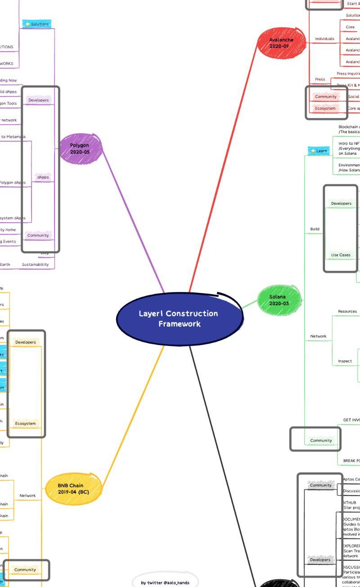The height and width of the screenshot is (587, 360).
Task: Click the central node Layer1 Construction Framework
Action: (179, 318)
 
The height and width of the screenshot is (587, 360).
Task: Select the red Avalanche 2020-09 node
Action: (281, 43)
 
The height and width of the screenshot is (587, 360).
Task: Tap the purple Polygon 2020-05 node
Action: (80, 148)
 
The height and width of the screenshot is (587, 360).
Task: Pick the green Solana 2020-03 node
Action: (279, 300)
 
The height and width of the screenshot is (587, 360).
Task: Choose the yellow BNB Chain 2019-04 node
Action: (73, 488)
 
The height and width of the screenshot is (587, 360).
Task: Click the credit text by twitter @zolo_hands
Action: (165, 583)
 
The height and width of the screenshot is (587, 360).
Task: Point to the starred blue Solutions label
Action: (37, 24)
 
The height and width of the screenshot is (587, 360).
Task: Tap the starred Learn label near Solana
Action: (319, 151)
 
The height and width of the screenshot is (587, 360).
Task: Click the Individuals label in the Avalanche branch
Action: (324, 39)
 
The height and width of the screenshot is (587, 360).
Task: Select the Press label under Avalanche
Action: (320, 79)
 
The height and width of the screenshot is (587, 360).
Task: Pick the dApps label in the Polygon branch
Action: (43, 177)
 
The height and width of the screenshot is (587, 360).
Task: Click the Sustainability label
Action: (35, 264)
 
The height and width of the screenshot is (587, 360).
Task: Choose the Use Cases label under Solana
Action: (341, 255)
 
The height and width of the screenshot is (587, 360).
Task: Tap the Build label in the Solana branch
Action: (315, 229)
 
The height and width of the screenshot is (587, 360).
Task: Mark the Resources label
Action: (347, 311)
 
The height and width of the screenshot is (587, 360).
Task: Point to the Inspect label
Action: (345, 361)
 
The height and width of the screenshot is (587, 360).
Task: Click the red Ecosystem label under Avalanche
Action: (325, 108)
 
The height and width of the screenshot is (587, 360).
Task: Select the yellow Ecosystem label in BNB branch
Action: (25, 423)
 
